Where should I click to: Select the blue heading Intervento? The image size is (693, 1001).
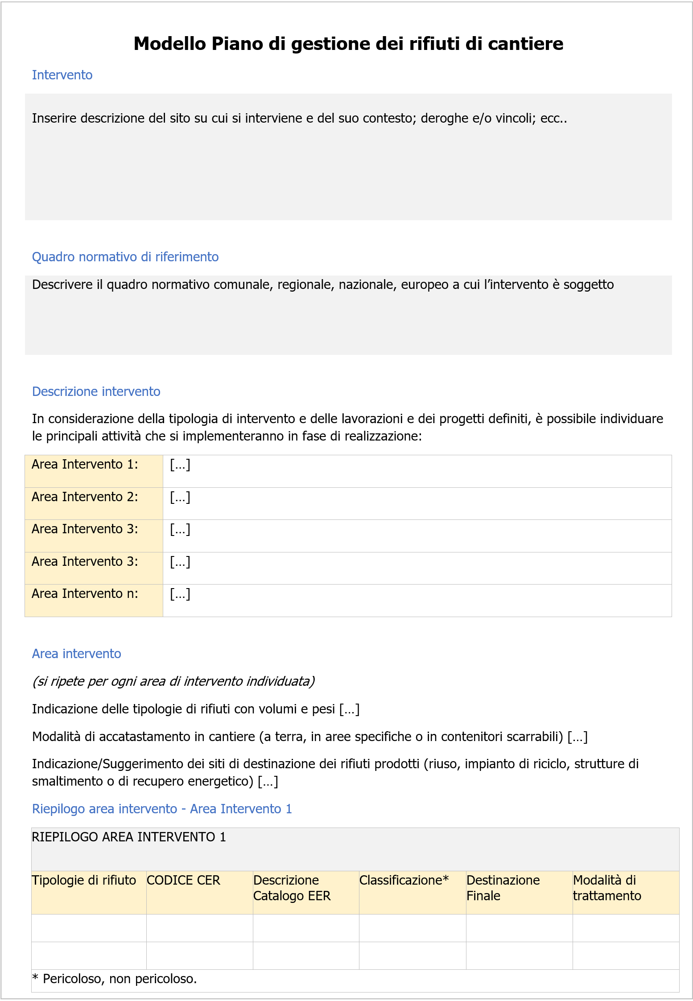[62, 75]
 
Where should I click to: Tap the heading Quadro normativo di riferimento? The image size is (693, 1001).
[125, 257]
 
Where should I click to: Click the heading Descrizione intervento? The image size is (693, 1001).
[96, 391]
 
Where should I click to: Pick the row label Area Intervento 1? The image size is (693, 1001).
[85, 465]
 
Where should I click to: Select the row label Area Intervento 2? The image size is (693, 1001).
[85, 497]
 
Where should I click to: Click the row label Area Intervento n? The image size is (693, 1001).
[85, 594]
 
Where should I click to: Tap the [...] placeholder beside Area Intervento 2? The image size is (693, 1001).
[180, 497]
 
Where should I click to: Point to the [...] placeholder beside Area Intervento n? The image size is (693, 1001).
[180, 594]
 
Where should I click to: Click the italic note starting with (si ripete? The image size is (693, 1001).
[173, 681]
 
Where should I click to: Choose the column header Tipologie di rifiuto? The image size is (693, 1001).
[84, 880]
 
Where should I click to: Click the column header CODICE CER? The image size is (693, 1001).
[183, 880]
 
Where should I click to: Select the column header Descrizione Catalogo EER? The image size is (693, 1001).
[292, 888]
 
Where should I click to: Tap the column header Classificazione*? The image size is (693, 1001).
[404, 880]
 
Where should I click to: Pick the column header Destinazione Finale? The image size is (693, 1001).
[503, 888]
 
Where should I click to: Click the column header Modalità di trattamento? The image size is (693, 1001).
[606, 888]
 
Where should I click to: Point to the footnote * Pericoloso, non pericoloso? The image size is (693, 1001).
[115, 979]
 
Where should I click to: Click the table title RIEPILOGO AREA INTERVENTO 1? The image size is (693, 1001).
[129, 837]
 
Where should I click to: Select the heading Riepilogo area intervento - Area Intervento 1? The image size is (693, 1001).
[162, 809]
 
